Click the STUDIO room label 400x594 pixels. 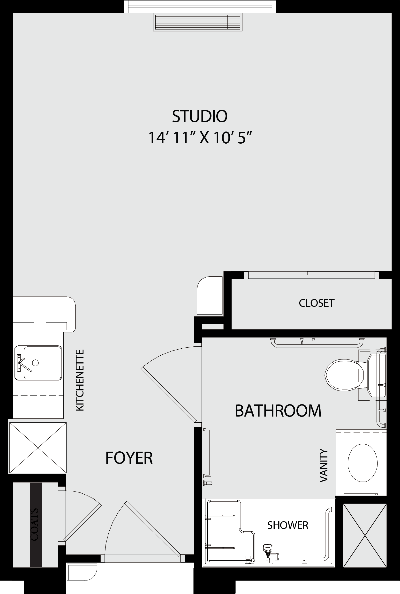pos(200,116)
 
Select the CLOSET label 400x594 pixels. pos(317,303)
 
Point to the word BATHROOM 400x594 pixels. pos(278,411)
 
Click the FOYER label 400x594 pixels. pos(129,458)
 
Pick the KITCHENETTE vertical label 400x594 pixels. pos(80,380)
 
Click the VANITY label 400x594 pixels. pos(324,466)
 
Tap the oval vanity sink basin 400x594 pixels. pos(362,463)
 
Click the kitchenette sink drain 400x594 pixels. pos(36,363)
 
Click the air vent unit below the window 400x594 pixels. pos(198,22)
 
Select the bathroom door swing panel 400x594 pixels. pos(169,395)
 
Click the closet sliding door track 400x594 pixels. pos(312,275)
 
